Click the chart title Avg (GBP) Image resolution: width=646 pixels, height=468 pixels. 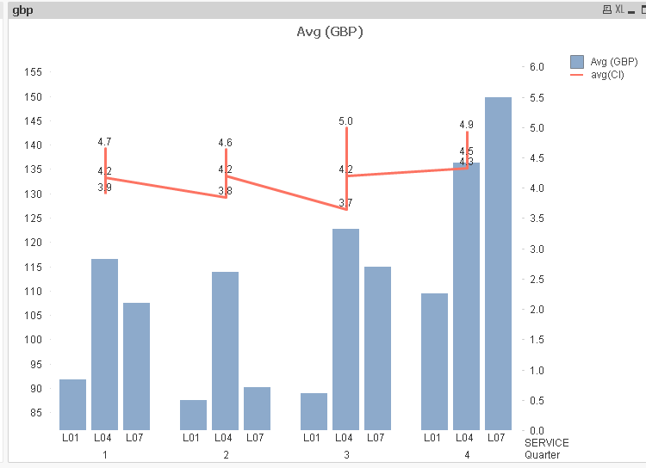click(x=329, y=32)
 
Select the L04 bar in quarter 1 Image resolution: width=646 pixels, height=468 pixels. click(x=104, y=344)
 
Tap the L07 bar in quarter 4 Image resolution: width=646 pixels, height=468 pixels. click(x=498, y=263)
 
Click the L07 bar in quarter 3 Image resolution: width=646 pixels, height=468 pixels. click(x=377, y=348)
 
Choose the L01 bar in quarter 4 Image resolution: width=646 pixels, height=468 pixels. click(x=434, y=361)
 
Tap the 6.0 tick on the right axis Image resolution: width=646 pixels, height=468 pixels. click(x=536, y=67)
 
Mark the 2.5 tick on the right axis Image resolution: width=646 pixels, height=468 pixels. click(x=536, y=280)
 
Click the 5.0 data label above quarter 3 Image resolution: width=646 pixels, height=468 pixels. click(x=345, y=121)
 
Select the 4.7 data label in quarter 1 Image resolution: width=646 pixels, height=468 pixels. click(x=104, y=142)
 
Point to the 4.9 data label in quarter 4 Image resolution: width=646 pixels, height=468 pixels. click(x=466, y=125)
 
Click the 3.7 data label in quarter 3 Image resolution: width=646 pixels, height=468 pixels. click(x=345, y=203)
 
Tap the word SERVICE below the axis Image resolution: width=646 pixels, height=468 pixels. click(x=546, y=442)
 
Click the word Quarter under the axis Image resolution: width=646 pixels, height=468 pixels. click(x=542, y=454)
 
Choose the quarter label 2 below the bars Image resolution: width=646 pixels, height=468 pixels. click(x=226, y=454)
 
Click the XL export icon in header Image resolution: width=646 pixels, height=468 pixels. click(x=619, y=9)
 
